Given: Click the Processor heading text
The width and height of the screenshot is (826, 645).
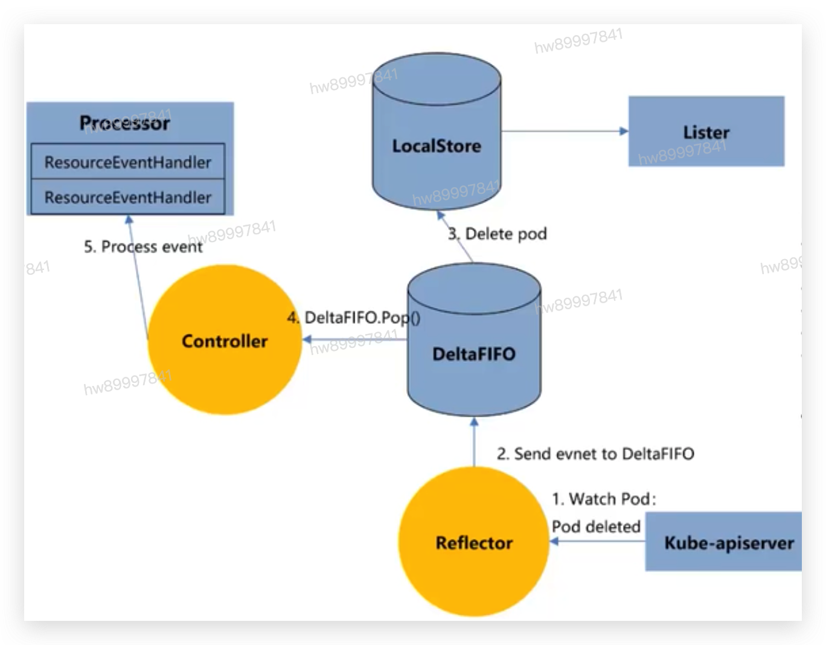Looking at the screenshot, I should coord(125,123).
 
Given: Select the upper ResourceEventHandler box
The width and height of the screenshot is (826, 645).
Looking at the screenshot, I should coord(127,162).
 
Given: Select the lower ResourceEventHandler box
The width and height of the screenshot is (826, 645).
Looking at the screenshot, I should coord(127,197).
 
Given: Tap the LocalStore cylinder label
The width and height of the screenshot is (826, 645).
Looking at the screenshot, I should coord(437,146).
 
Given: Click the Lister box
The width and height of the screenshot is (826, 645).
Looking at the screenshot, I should coord(706,132).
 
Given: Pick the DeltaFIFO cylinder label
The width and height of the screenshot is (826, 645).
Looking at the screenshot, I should coord(474,354).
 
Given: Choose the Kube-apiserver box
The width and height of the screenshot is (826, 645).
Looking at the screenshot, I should coord(729,542).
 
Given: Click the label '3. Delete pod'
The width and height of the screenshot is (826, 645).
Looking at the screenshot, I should coord(498,234).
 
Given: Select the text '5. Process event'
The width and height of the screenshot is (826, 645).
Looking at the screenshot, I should coord(143,246).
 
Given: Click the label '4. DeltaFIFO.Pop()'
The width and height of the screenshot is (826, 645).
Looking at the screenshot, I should coord(354,318).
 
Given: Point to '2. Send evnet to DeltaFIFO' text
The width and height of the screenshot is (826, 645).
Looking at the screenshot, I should coord(595,454).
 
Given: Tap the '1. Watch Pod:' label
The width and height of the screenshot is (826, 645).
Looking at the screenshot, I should coord(604,499).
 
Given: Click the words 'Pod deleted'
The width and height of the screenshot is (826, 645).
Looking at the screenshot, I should coord(596,527).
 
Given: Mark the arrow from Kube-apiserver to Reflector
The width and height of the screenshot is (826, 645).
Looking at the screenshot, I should coord(598,541).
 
